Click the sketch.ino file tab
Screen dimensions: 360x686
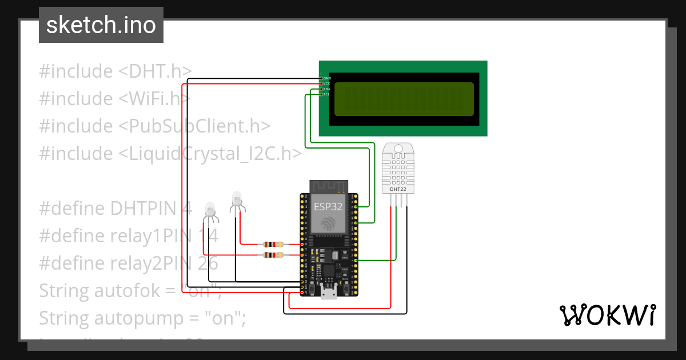pyautogui.click(x=101, y=25)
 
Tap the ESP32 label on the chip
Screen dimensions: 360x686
pyautogui.click(x=328, y=206)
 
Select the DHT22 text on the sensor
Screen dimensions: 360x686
pyautogui.click(x=398, y=188)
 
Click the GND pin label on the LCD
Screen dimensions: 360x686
pyautogui.click(x=327, y=78)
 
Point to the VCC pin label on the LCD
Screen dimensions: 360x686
pyautogui.click(x=327, y=83)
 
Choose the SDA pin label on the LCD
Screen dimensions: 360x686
pyautogui.click(x=327, y=89)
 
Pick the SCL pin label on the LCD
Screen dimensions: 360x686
pyautogui.click(x=327, y=94)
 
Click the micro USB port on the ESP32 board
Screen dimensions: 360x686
pyautogui.click(x=328, y=293)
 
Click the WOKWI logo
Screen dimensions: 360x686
pyautogui.click(x=607, y=315)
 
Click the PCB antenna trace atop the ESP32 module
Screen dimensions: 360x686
pyautogui.click(x=328, y=187)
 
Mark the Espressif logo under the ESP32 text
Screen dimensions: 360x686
pyautogui.click(x=328, y=224)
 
